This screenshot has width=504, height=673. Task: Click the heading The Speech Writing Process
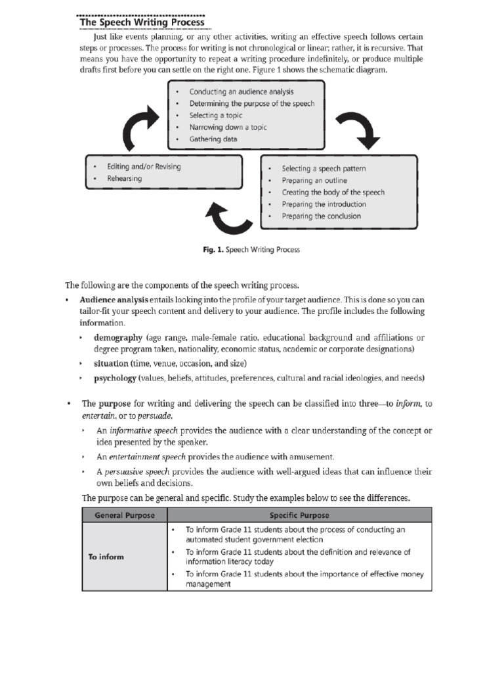tap(142, 23)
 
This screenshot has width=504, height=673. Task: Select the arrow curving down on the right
tap(357, 129)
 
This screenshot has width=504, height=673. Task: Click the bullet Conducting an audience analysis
tap(241, 92)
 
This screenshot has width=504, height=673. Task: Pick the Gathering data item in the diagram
tap(213, 139)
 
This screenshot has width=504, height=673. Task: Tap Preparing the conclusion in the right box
tap(321, 216)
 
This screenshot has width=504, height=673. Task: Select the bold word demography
tap(118, 338)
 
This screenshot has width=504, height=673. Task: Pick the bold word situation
tap(111, 363)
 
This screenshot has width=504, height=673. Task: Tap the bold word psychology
tap(115, 378)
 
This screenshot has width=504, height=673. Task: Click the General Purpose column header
tap(124, 515)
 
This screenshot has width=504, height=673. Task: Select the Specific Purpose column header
tap(299, 515)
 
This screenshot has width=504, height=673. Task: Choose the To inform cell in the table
tap(106, 557)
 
